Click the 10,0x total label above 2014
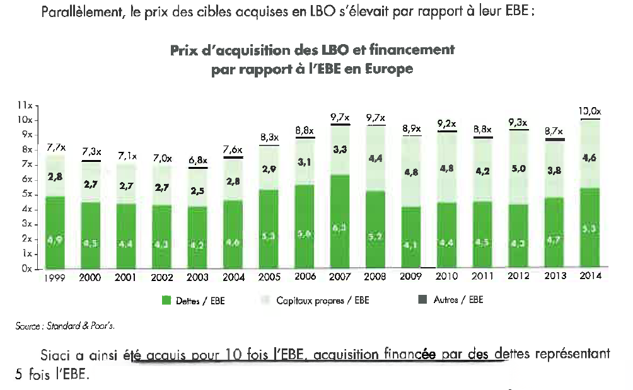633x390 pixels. tap(589, 112)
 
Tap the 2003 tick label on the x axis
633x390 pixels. tap(198, 277)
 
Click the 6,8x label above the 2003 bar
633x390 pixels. tap(198, 161)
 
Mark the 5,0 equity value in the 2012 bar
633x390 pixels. tap(518, 169)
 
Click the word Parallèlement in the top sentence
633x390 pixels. tap(79, 11)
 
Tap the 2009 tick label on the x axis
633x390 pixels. tap(412, 277)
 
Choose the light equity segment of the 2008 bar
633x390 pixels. tap(376, 158)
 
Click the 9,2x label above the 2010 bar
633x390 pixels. tap(447, 124)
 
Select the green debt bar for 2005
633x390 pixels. tap(269, 228)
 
